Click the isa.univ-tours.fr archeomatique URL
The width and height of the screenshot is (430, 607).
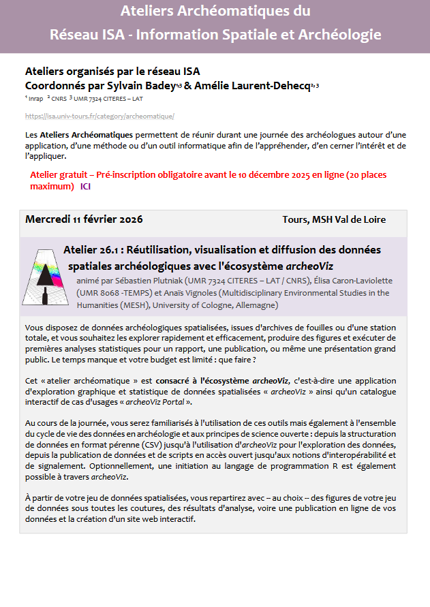99,116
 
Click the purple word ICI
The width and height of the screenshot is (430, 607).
85,186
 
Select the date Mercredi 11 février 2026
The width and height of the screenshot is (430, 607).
84,219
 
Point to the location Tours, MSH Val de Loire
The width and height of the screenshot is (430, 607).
334,220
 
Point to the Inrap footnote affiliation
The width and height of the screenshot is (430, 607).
35,99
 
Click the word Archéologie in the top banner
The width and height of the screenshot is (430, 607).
339,35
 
